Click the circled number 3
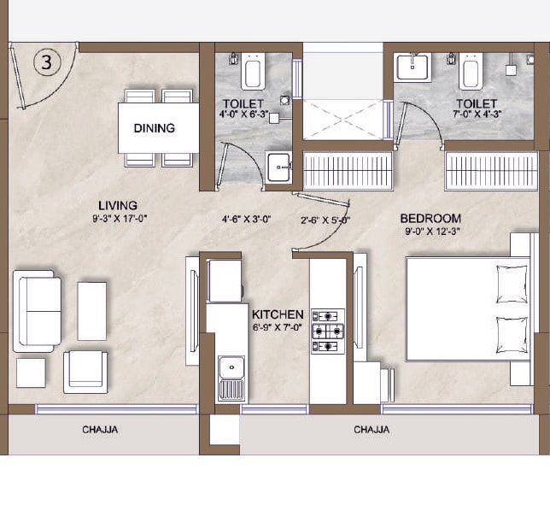(47, 62)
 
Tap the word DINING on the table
(155, 128)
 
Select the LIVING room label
(118, 205)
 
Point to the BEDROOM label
(430, 219)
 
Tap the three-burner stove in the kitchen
(328, 331)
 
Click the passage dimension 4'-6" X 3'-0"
(247, 219)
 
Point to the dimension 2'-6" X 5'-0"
(325, 220)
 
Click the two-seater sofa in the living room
(38, 309)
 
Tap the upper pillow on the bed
(512, 283)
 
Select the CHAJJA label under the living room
(100, 430)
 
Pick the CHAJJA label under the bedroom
(372, 430)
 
